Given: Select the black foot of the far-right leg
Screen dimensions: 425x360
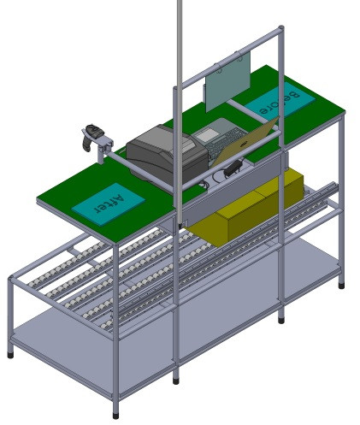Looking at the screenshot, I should (341, 285).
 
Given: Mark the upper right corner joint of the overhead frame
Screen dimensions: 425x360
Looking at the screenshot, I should (280, 32).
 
